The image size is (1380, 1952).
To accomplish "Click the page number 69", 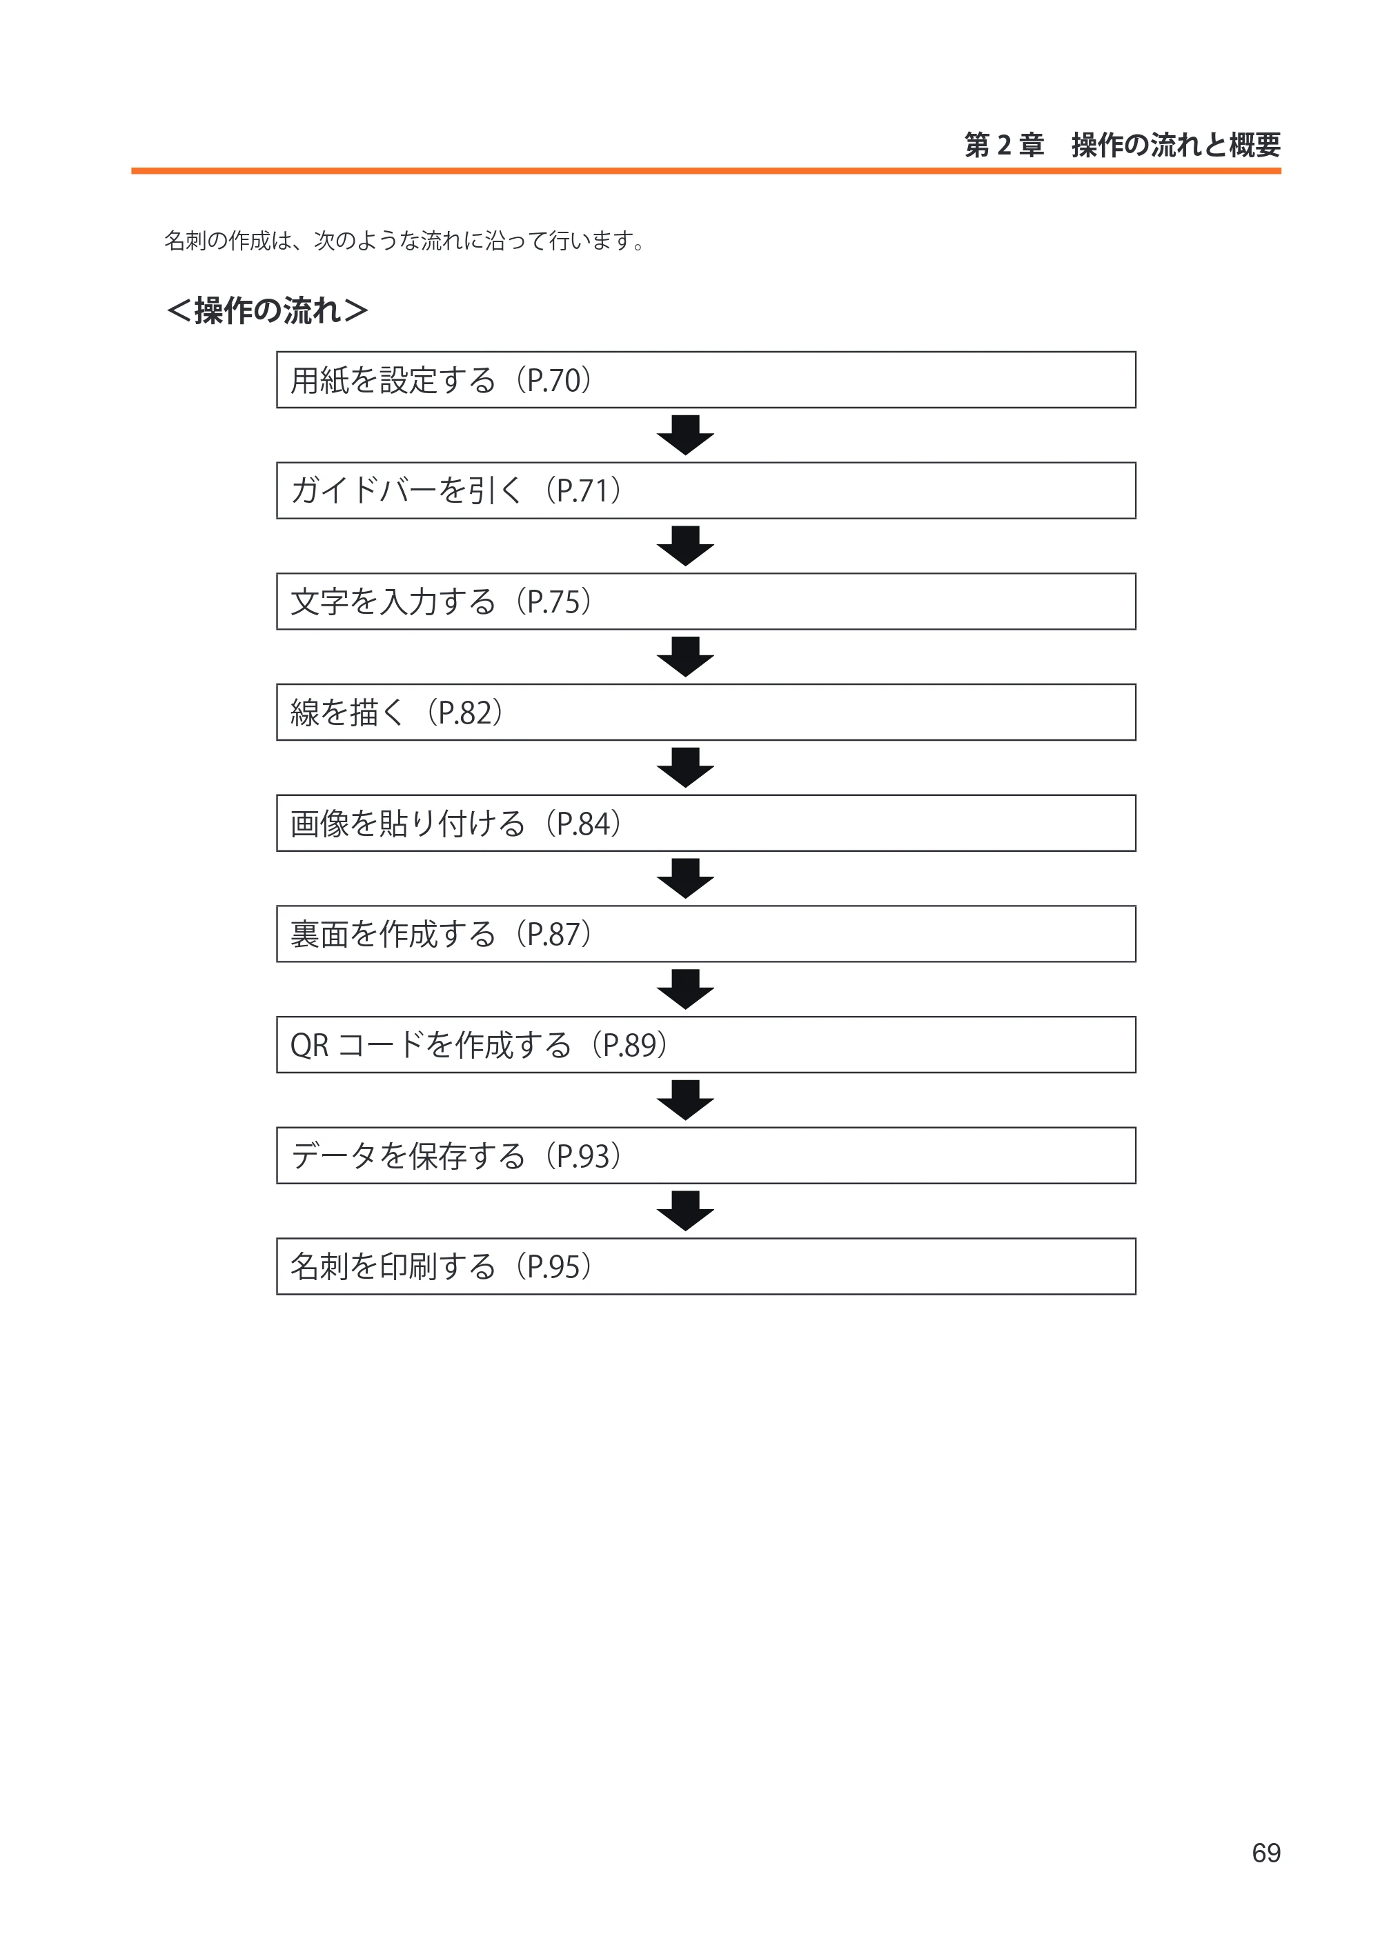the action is pos(1265,1852).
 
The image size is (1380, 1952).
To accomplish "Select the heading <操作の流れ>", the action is pos(267,310).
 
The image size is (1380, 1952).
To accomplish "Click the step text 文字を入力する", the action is pos(393,602).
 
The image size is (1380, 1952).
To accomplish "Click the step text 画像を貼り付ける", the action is pos(407,824).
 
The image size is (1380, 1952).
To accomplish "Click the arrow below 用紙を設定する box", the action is pos(685,435).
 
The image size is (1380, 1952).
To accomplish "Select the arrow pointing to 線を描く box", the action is pos(685,657).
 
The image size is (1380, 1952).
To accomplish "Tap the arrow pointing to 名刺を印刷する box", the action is pos(685,1211).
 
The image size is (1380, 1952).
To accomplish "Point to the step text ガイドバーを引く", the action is pos(406,490).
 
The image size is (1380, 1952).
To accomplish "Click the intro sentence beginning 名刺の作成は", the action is pos(406,241).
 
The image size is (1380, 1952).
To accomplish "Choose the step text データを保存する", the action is pos(408,1156).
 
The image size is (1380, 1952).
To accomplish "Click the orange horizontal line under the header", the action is pos(706,171).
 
